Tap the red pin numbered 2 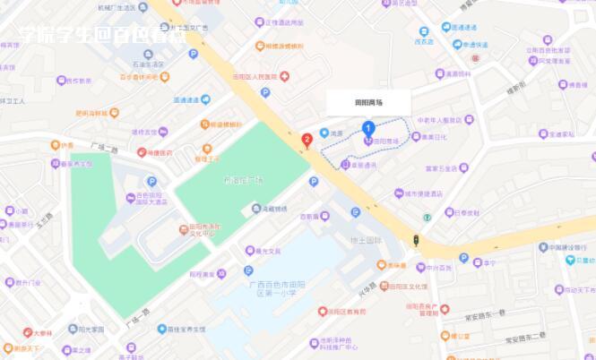tap(307, 139)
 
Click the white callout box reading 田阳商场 tap(367, 103)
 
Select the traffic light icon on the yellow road tap(415, 239)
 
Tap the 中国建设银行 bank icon tap(542, 247)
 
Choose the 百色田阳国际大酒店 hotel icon tap(131, 196)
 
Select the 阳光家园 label tap(91, 330)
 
